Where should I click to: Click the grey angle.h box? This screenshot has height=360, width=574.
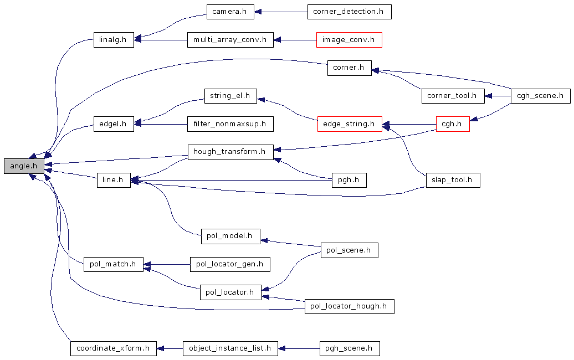(24, 166)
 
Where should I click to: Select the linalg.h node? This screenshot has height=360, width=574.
(113, 40)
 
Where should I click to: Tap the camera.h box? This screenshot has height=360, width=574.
(229, 12)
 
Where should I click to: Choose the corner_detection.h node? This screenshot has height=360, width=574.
(349, 12)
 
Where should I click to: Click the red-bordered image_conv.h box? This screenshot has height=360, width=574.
(349, 40)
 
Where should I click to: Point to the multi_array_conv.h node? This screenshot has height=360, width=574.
(230, 40)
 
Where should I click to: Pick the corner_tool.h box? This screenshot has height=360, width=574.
(452, 96)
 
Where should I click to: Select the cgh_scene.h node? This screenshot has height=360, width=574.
(540, 96)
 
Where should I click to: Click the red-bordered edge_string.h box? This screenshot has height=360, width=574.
(350, 124)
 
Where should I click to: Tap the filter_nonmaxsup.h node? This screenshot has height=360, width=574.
(230, 124)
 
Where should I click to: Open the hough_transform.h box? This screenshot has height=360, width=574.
(230, 152)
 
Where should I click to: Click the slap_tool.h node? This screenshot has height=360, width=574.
(453, 180)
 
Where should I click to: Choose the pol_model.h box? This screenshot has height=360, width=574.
(229, 236)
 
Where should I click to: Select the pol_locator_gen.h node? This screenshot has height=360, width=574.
(229, 264)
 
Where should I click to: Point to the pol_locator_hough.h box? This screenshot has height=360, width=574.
(349, 306)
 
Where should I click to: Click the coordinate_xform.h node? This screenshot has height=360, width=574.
(113, 348)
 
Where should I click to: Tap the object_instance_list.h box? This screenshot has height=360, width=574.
(230, 348)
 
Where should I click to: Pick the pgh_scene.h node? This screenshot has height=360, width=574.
(350, 348)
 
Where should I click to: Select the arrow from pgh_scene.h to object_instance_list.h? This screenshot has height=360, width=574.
(299, 348)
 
